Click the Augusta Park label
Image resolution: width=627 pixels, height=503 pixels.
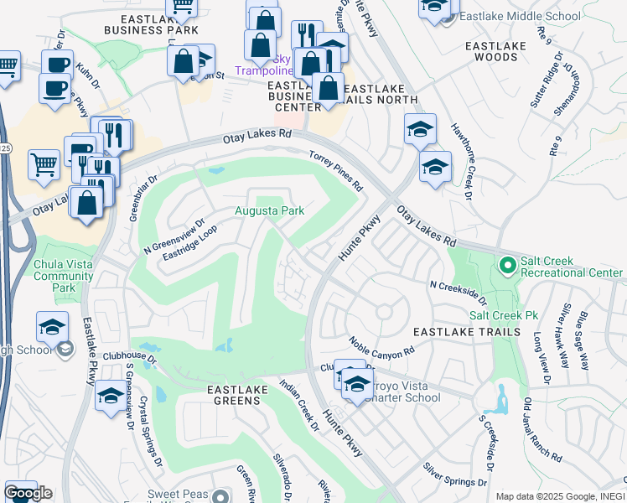(269, 210)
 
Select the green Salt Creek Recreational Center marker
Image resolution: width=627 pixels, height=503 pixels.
(506, 267)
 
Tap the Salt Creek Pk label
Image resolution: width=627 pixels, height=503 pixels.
(503, 315)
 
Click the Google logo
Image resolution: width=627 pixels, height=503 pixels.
(28, 492)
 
